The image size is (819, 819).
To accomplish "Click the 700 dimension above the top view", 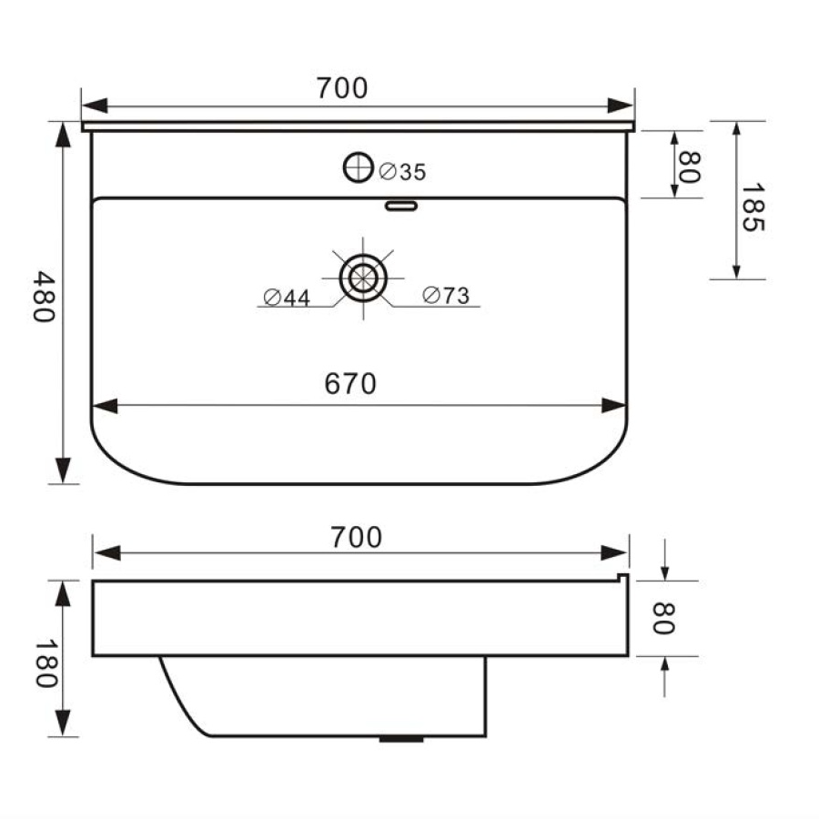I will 342,88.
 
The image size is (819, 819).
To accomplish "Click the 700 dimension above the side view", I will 356,538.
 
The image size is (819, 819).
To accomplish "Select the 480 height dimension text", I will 42,296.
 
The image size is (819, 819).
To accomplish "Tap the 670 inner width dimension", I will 350,385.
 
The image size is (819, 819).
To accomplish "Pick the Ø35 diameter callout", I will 401,171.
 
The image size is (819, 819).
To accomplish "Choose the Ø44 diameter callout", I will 287,297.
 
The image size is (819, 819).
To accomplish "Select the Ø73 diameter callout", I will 446,296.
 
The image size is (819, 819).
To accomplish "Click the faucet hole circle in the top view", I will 359,167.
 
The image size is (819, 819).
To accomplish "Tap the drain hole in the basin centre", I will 363,278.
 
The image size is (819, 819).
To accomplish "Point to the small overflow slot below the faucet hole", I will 401,206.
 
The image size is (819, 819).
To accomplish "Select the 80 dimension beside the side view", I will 662,619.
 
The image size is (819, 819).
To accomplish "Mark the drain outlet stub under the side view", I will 400,739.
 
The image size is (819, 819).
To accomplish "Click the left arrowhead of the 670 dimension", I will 103,406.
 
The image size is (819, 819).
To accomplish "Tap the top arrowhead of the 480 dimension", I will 63,132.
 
